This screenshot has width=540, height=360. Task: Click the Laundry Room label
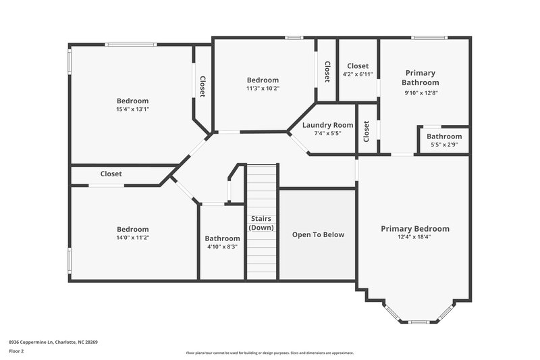(327, 125)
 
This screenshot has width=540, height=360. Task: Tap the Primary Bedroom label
(414, 228)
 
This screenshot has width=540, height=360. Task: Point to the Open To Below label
(318, 234)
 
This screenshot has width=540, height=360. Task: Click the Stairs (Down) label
(261, 223)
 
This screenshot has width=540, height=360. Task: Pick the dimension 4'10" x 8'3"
(222, 247)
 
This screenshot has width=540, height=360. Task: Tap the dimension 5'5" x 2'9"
(443, 145)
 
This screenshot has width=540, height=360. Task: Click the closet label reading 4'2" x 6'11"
(357, 74)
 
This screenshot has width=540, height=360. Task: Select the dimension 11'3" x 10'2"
(263, 88)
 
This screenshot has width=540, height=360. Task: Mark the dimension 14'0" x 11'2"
(132, 237)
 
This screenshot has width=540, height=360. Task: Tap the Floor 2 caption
(17, 352)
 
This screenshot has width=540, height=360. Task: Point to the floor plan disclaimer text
(269, 353)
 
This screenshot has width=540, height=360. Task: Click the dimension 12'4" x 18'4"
(414, 237)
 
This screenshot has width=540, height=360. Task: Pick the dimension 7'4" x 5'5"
(327, 133)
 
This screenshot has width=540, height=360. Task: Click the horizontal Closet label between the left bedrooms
(111, 174)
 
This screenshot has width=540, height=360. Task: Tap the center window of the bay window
(419, 322)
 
